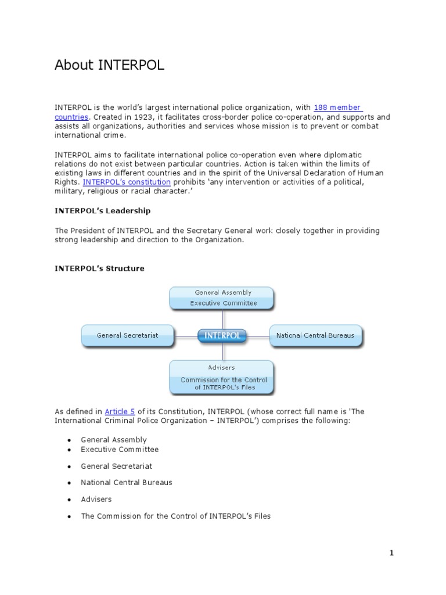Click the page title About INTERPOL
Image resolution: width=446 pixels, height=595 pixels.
pos(109,66)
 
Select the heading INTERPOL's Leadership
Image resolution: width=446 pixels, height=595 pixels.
pos(102,211)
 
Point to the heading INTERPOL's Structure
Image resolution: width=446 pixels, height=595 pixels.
pos(99,268)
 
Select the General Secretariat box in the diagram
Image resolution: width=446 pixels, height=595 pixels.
pos(127,336)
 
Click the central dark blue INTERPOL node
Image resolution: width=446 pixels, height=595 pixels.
pos(222,336)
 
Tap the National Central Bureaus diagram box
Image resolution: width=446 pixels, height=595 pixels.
pos(315,336)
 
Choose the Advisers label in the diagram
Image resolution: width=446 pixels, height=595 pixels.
pos(221,368)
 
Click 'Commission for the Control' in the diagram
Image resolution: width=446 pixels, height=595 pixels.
pos(224,380)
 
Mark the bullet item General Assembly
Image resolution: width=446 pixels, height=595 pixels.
pos(114,440)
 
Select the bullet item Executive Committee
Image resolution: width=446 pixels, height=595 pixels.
pos(120,450)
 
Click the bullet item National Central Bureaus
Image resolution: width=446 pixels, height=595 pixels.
pos(127,483)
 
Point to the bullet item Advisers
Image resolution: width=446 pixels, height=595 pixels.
pos(96,499)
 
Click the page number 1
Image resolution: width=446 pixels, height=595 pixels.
pos(391,553)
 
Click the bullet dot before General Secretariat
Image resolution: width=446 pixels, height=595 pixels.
pos(69,467)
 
